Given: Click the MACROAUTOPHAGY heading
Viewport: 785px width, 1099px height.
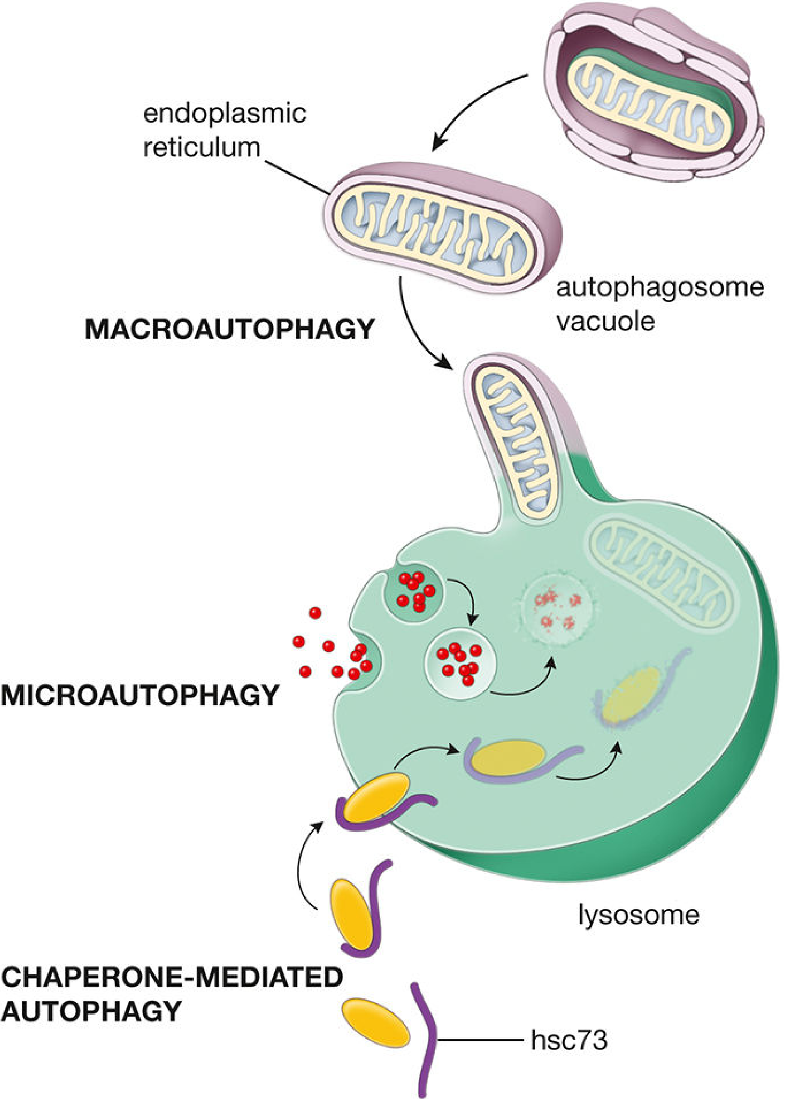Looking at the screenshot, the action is (x=229, y=329).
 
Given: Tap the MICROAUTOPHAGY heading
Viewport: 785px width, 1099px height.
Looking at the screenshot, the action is (x=140, y=695).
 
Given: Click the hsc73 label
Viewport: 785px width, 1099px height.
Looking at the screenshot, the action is (x=569, y=1040).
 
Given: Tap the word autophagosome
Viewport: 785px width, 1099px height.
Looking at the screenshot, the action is (x=660, y=288).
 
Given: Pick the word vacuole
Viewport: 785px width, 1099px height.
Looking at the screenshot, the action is (x=606, y=322).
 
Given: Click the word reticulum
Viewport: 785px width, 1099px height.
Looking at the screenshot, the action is (x=202, y=147).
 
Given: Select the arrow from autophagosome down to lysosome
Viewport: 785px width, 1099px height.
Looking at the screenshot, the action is (x=414, y=329).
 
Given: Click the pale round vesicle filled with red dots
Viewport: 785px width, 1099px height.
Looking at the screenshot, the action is (x=461, y=664).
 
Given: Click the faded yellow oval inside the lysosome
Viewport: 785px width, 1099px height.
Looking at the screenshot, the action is (x=631, y=694).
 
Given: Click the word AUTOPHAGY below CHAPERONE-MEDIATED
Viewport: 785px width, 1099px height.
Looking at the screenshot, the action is (x=92, y=1011).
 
